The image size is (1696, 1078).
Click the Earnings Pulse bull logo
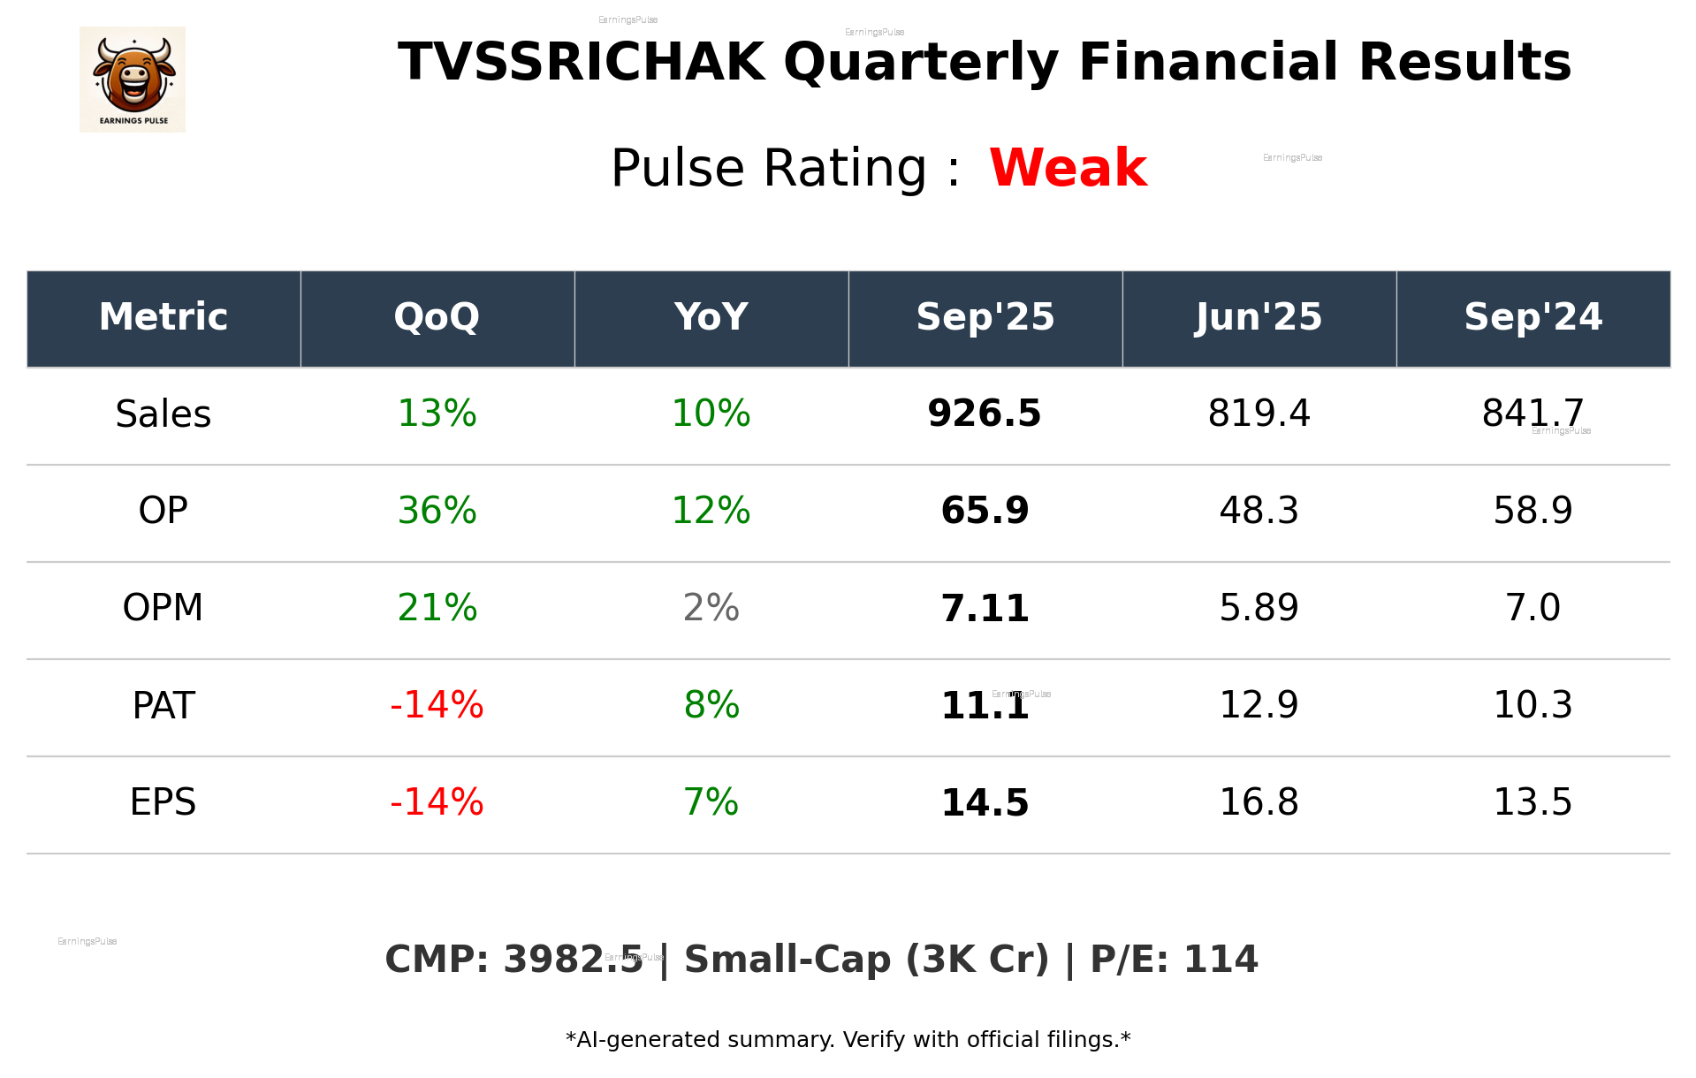133,80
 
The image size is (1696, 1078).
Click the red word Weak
1068,168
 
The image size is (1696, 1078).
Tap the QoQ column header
437,317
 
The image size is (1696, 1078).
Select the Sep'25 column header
985,317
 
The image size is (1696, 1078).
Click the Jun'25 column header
1259,317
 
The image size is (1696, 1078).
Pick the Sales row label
164,414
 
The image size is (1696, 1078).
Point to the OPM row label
164,608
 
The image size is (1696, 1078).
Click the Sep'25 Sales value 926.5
985,414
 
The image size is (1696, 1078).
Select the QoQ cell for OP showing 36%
437,511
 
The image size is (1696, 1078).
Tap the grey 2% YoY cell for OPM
711,608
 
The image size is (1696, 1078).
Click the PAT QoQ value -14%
437,705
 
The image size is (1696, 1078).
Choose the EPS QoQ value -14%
437,802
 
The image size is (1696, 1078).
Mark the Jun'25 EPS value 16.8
1259,802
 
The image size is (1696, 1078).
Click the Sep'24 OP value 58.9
1532,511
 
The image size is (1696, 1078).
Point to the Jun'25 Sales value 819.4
1259,414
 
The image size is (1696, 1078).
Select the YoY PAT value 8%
711,705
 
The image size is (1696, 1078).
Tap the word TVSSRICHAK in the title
581,63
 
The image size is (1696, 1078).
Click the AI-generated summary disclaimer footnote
848,1040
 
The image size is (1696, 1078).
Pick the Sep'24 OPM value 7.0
1532,608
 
